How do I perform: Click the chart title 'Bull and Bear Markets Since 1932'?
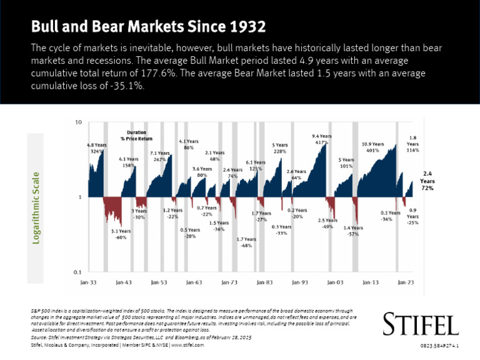click(149, 27)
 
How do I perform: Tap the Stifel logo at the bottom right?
click(421, 324)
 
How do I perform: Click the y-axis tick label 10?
click(78, 122)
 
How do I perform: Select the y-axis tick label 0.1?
click(77, 272)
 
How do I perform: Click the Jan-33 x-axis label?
click(89, 283)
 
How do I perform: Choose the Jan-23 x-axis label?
click(406, 283)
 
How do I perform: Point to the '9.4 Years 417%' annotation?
click(321, 139)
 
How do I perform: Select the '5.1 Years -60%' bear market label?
click(121, 234)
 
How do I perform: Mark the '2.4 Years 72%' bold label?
click(427, 181)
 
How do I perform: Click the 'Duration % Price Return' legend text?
click(136, 136)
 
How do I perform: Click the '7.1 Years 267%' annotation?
click(160, 156)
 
